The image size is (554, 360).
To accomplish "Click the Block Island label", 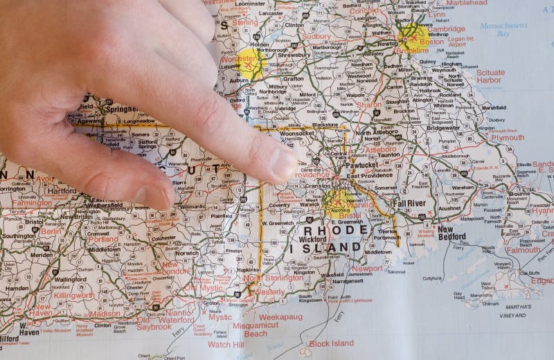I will [x=330, y=343].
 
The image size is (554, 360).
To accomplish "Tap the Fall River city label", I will [x=409, y=204].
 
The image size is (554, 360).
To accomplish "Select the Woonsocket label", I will [x=297, y=133].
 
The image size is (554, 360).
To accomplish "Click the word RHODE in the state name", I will [x=329, y=231].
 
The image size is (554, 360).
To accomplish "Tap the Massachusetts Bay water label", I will [x=503, y=29].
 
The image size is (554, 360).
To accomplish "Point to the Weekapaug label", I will [x=282, y=316].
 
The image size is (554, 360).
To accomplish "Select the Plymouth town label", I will [x=507, y=137].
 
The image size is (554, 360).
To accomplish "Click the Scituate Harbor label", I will [x=490, y=76].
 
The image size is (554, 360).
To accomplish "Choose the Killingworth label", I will [x=74, y=295].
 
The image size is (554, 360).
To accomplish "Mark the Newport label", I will [x=367, y=268].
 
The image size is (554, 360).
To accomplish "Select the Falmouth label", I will [x=523, y=251].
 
